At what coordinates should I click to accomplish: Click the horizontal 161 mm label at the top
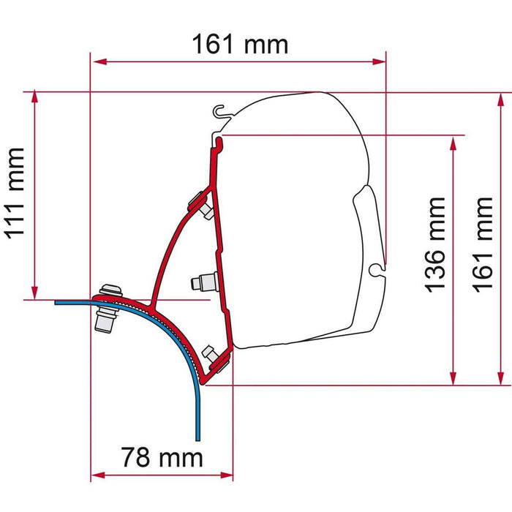(240, 45)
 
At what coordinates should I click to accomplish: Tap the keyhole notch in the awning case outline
(377, 268)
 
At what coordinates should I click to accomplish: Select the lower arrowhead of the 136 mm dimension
(454, 378)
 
